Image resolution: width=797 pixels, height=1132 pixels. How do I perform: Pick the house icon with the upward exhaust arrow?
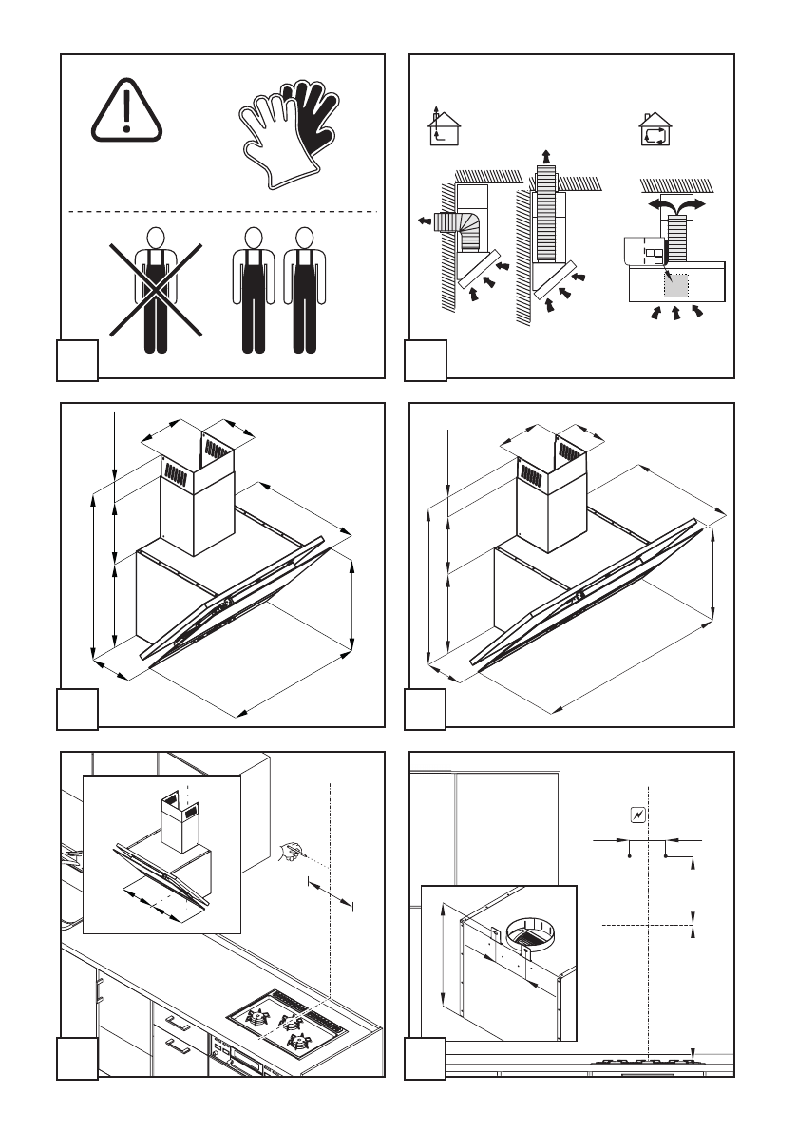[440, 125]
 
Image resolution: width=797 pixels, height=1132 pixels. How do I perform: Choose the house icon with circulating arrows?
[655, 129]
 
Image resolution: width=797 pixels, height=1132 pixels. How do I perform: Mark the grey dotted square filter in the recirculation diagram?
[676, 283]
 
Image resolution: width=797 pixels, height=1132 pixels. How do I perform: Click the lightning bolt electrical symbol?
[638, 815]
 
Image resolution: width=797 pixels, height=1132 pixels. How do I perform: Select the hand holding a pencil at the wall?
[289, 853]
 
